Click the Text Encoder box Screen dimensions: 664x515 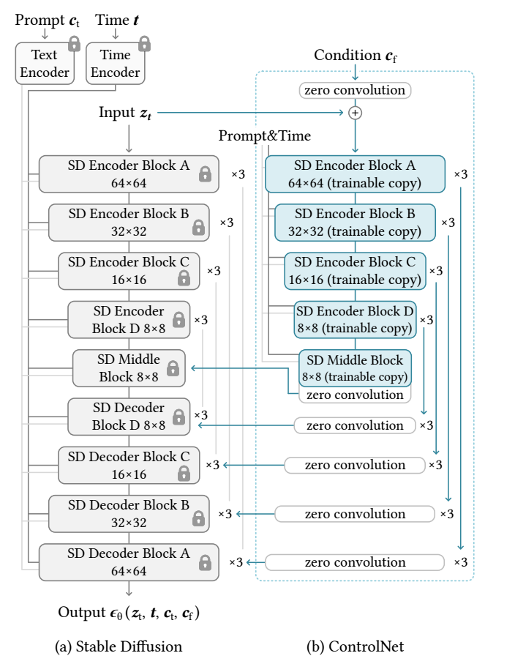pos(44,63)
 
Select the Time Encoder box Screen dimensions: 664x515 pos(115,63)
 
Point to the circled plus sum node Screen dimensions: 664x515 pos(355,113)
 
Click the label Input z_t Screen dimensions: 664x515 pos(125,113)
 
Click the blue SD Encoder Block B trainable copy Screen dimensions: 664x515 pos(355,223)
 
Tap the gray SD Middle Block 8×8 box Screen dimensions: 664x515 pos(128,368)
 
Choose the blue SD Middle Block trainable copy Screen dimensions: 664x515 pos(355,367)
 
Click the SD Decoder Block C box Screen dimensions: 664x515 pos(128,465)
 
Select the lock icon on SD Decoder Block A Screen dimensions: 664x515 pos(205,562)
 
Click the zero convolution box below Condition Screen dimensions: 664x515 pos(355,90)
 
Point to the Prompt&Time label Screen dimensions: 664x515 pos(264,136)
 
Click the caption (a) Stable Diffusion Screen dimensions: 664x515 pos(119,646)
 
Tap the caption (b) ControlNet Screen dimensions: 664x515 pos(355,646)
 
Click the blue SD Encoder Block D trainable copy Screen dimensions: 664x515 pos(355,319)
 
